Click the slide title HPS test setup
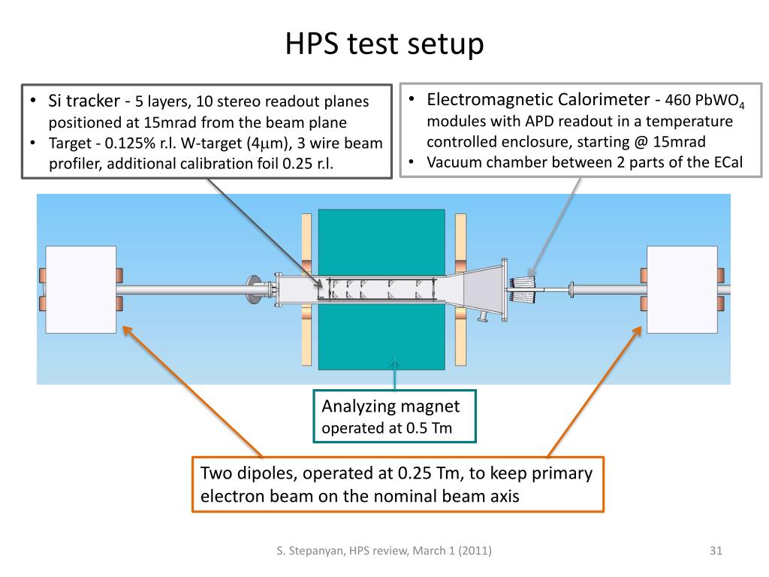[384, 44]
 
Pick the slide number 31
[715, 551]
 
